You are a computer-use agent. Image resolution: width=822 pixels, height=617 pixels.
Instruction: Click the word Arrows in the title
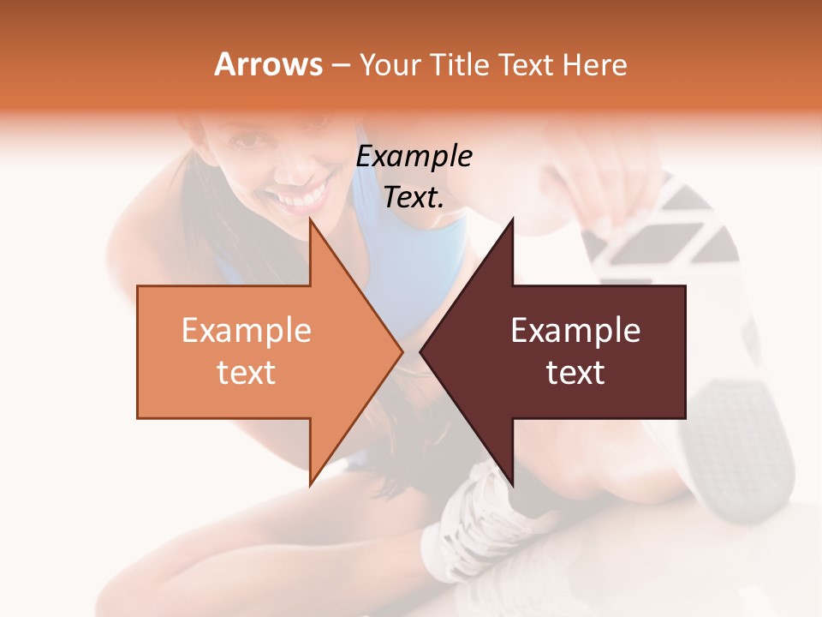[269, 64]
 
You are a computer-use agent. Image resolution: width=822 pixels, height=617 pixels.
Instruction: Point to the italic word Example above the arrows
[414, 156]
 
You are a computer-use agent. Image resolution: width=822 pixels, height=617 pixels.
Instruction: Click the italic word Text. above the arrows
[414, 197]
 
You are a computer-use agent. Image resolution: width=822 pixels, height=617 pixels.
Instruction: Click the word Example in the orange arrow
[247, 331]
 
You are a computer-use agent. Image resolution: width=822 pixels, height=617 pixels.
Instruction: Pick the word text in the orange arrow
[247, 372]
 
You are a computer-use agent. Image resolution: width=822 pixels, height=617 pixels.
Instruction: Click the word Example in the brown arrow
[575, 331]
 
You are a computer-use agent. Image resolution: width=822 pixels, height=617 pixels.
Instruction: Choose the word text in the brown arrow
[575, 372]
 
